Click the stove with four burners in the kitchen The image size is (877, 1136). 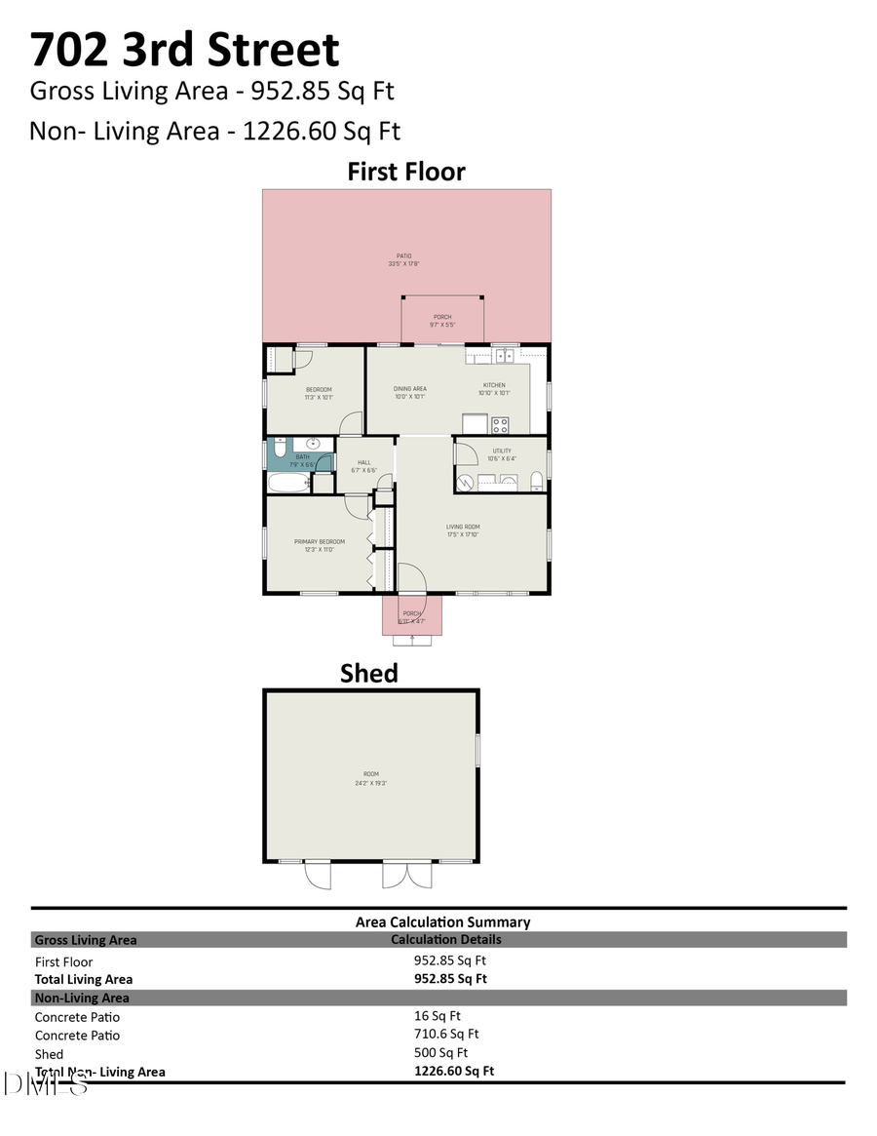pos(500,424)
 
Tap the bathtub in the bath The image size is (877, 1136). pos(288,483)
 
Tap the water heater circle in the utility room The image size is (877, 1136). pos(467,482)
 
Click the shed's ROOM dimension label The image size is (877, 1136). pos(370,778)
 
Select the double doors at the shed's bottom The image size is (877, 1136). pos(406,874)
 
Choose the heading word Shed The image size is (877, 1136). pos(368,673)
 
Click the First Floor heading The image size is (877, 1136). pos(406,172)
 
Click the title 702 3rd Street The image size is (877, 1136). pos(184,49)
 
